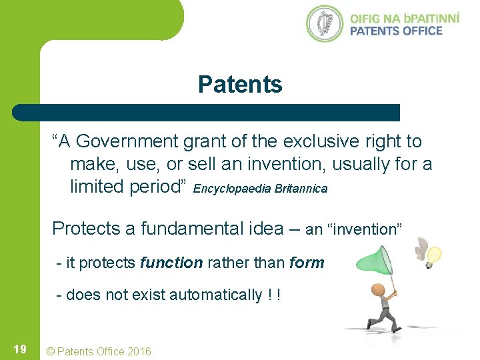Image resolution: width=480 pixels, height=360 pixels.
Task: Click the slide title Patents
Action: (240, 85)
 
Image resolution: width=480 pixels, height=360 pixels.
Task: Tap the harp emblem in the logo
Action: (325, 23)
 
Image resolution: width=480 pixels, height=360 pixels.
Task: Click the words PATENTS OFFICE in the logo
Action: (395, 31)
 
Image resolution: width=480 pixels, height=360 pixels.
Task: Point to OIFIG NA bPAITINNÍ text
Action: (404, 17)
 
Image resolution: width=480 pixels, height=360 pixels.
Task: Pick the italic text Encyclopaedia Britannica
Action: (261, 189)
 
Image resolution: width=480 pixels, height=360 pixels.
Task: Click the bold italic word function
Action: (171, 263)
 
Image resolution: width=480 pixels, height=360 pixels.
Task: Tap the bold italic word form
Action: (307, 263)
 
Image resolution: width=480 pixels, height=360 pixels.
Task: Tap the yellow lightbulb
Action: (434, 255)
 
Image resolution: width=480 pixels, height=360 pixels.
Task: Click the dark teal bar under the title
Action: (207, 113)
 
